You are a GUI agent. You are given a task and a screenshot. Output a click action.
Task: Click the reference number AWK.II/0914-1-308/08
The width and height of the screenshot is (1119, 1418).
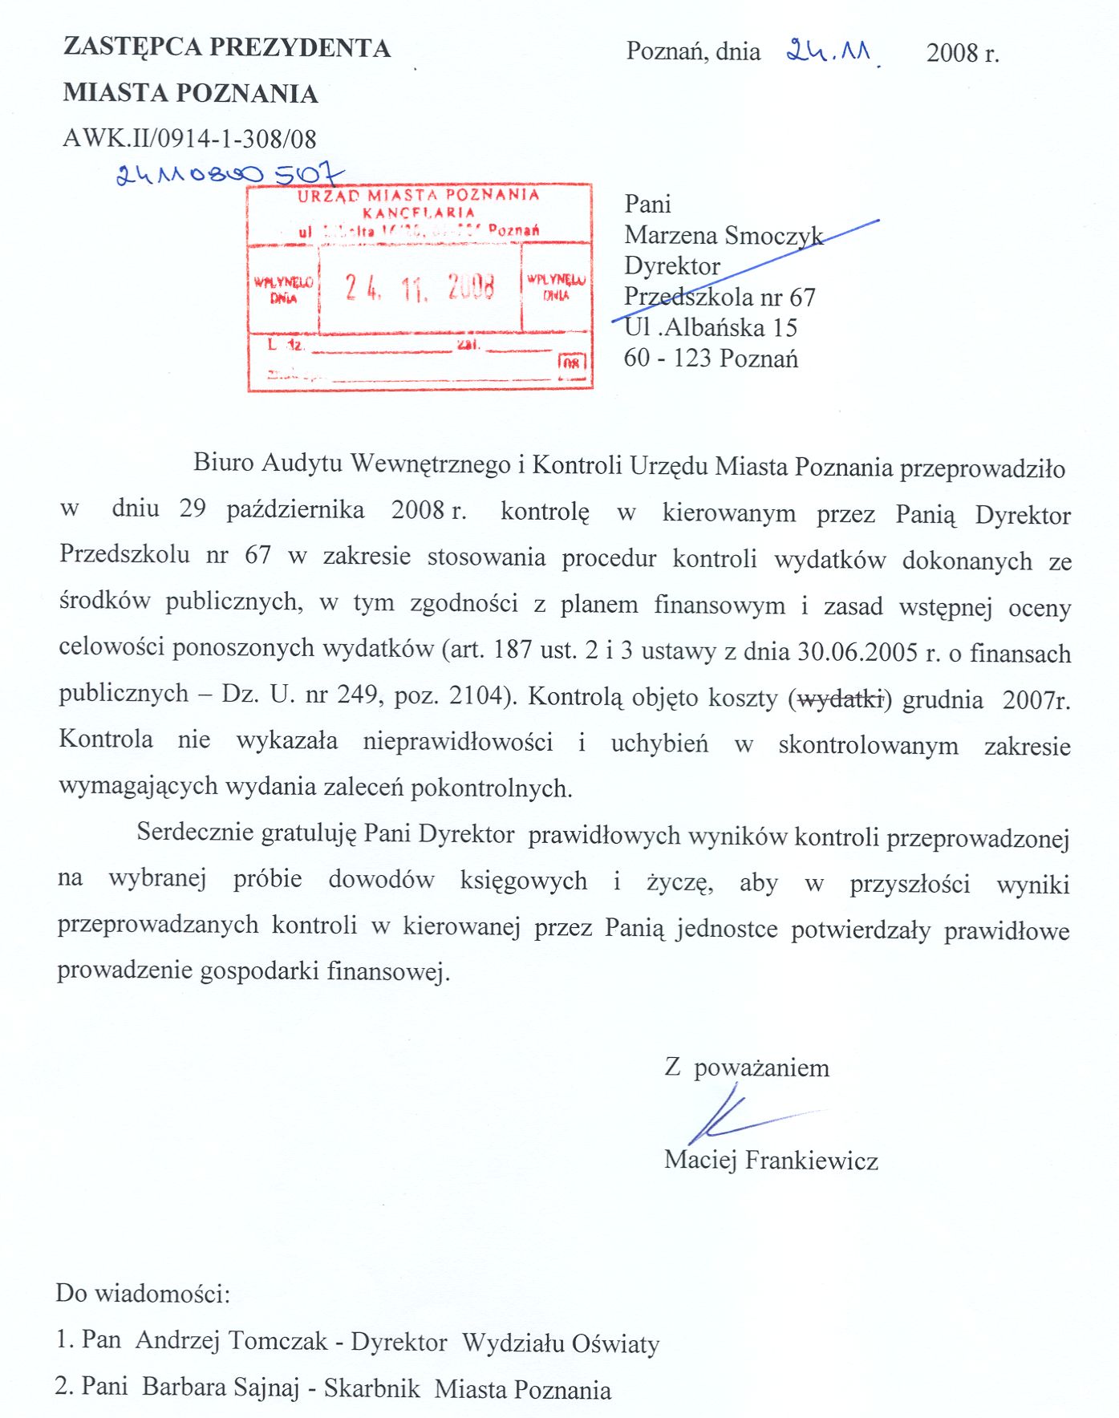coord(190,139)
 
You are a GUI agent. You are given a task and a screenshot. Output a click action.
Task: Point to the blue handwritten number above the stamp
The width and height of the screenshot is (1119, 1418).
coord(229,174)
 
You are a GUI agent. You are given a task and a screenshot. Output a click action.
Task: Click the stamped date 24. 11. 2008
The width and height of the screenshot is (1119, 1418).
coord(420,286)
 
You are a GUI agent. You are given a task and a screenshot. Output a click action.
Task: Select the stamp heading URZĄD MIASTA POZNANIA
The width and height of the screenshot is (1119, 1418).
coord(418,195)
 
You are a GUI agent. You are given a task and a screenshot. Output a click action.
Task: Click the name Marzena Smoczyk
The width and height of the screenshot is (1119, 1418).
coord(724,235)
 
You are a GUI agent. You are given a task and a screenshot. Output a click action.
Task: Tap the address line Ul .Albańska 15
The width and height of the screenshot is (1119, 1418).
coord(711,327)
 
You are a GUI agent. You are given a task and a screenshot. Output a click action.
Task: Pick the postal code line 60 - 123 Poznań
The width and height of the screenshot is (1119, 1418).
coord(711,358)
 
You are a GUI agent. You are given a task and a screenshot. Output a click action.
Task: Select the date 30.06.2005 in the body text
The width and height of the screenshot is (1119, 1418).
coord(857,651)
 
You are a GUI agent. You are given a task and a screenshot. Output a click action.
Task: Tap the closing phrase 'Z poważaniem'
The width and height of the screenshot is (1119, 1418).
coord(747,1068)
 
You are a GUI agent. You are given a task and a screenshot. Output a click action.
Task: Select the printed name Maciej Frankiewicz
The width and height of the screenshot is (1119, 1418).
coord(771,1160)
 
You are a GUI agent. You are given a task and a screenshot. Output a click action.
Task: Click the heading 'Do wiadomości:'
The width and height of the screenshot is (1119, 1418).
coord(143,1294)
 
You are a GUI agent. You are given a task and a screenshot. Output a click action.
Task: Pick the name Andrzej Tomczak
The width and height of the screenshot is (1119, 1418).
coord(232,1340)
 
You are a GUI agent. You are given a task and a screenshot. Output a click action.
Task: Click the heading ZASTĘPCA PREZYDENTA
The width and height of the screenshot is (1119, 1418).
coord(227,48)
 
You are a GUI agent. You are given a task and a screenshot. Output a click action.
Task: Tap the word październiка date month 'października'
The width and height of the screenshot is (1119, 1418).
coord(295,510)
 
